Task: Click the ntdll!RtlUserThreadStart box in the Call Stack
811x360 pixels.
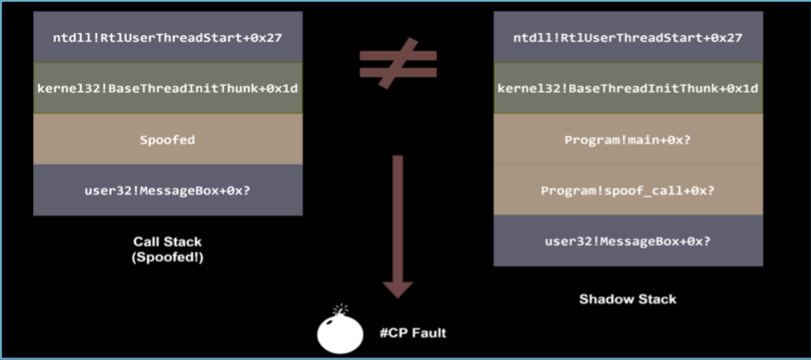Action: pos(167,38)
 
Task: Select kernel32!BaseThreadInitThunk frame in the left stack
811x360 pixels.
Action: pos(167,88)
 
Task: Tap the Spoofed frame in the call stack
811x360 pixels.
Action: pos(167,139)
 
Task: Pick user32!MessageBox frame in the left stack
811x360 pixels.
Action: pos(167,189)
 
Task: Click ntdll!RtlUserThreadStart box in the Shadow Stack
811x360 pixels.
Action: pos(628,38)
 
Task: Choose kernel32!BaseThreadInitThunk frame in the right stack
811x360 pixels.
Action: pos(628,88)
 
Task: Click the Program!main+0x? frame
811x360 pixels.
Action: pos(628,139)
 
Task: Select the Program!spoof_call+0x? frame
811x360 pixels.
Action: pos(628,190)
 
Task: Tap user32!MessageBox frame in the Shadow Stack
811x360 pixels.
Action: pos(628,241)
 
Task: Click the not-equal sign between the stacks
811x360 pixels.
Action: pos(397,63)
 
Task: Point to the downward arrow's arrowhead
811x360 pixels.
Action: pos(397,288)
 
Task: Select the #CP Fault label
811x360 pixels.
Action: pos(412,333)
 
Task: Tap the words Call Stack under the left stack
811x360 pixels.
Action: pos(167,243)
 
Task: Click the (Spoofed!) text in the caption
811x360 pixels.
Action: pos(167,258)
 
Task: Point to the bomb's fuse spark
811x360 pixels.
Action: pos(340,309)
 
